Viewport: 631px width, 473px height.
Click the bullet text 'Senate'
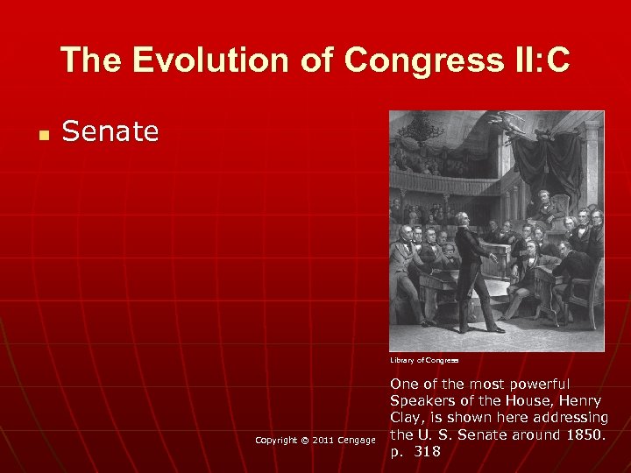110,131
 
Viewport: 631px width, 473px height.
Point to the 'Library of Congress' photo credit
425,360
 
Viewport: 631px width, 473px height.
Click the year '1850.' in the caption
584,434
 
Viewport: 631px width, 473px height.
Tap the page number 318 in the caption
428,451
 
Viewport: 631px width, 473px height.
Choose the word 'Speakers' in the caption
423,400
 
